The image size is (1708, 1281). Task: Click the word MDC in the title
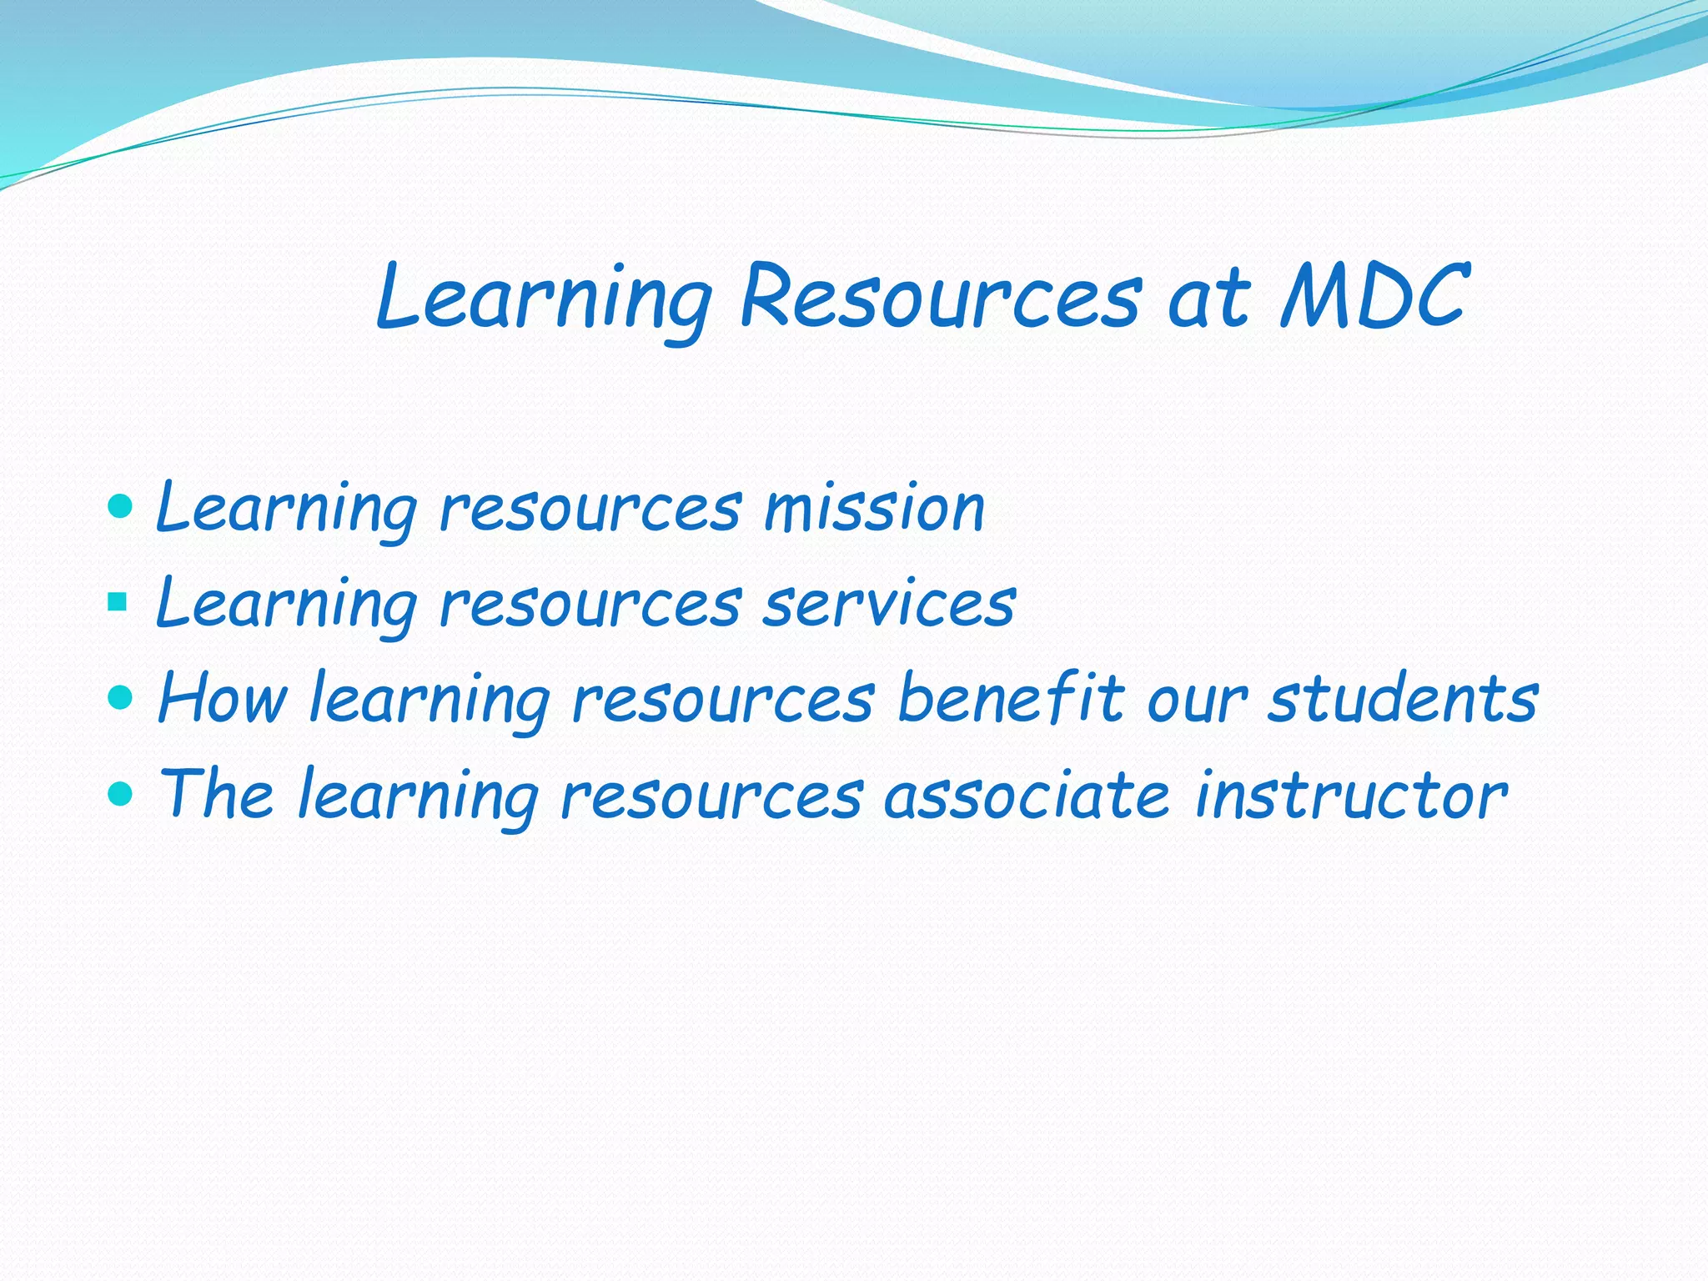[x=1372, y=296]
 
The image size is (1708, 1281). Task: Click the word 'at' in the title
[x=1208, y=298]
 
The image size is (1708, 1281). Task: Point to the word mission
[x=875, y=508]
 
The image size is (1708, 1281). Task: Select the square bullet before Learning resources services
[x=118, y=601]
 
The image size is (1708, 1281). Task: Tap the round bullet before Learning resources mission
[x=121, y=505]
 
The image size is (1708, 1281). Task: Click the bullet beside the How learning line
[x=121, y=696]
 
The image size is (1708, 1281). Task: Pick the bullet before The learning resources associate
[x=121, y=792]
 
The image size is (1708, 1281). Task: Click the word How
[x=222, y=698]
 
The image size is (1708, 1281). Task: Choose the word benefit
[x=1010, y=698]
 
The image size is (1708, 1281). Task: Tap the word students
[x=1403, y=698]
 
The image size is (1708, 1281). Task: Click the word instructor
[x=1351, y=795]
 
